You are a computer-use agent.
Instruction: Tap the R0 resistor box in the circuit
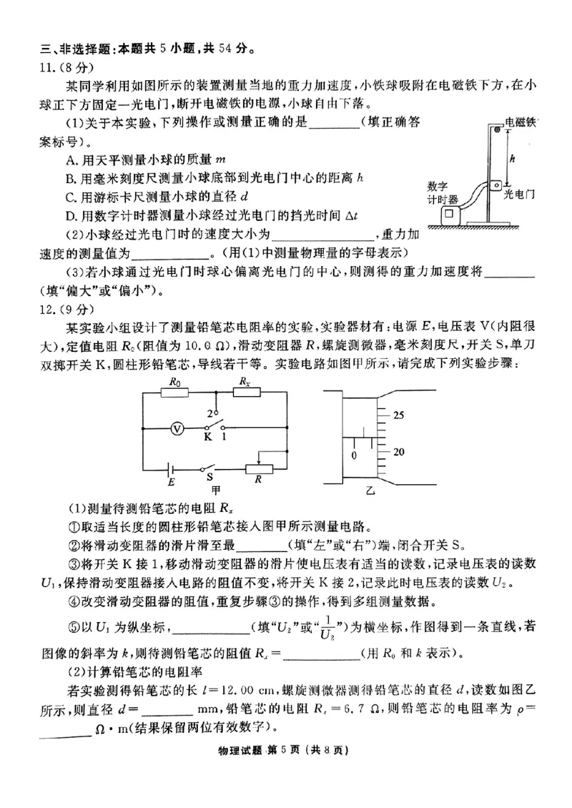[x=173, y=393]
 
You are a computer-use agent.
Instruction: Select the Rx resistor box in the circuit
[x=245, y=393]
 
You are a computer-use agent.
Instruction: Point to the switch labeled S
[x=209, y=470]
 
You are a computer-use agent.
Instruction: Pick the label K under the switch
[x=208, y=436]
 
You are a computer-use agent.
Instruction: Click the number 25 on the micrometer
[x=399, y=415]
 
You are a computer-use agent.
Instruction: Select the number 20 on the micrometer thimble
[x=399, y=452]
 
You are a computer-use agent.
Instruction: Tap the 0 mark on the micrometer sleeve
[x=353, y=455]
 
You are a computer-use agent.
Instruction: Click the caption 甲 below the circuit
[x=215, y=491]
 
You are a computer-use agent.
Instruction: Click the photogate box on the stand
[x=496, y=187]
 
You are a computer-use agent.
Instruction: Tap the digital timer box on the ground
[x=450, y=215]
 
